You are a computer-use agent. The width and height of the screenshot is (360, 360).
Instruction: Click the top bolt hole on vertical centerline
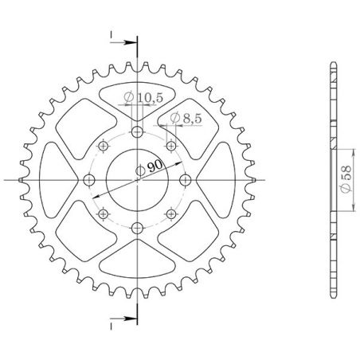(137, 131)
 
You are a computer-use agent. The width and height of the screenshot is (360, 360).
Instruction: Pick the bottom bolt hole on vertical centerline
(137, 229)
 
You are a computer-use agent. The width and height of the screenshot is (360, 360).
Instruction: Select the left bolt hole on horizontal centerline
(88, 180)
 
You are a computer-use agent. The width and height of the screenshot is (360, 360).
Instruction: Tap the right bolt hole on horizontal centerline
(186, 180)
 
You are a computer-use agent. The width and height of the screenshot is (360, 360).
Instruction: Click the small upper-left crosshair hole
(103, 147)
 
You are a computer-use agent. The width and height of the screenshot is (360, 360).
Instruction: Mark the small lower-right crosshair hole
(171, 214)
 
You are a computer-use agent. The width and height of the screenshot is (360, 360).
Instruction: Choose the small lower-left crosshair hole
(103, 214)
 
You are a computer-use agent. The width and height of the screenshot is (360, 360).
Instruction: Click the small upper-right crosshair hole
(171, 147)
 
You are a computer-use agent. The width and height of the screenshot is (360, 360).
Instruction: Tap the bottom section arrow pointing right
(119, 324)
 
